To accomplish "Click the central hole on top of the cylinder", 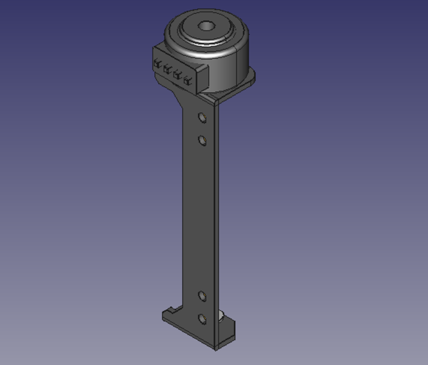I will coord(205,26).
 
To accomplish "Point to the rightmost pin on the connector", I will coord(186,79).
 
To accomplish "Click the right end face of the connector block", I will coord(201,79).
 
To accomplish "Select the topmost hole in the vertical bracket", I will coord(202,117).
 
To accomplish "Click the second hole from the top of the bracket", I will coord(202,139).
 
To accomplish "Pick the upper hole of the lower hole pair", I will coord(202,295).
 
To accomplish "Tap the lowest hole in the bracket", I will coord(202,318).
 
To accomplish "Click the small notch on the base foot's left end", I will coord(169,313).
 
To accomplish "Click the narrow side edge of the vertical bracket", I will coord(216,217).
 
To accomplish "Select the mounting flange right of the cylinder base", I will coord(246,80).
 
